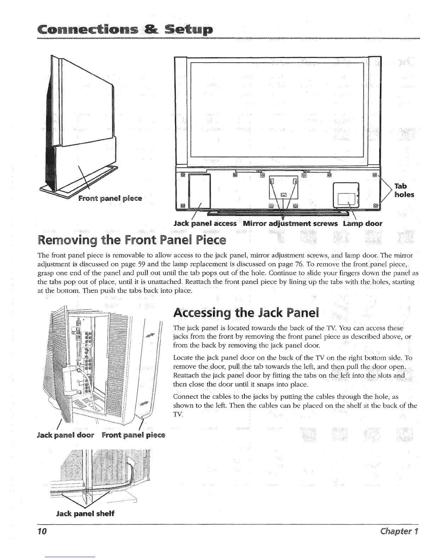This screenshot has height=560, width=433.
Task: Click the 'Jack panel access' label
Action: (205, 223)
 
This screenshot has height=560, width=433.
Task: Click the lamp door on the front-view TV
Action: (347, 194)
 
